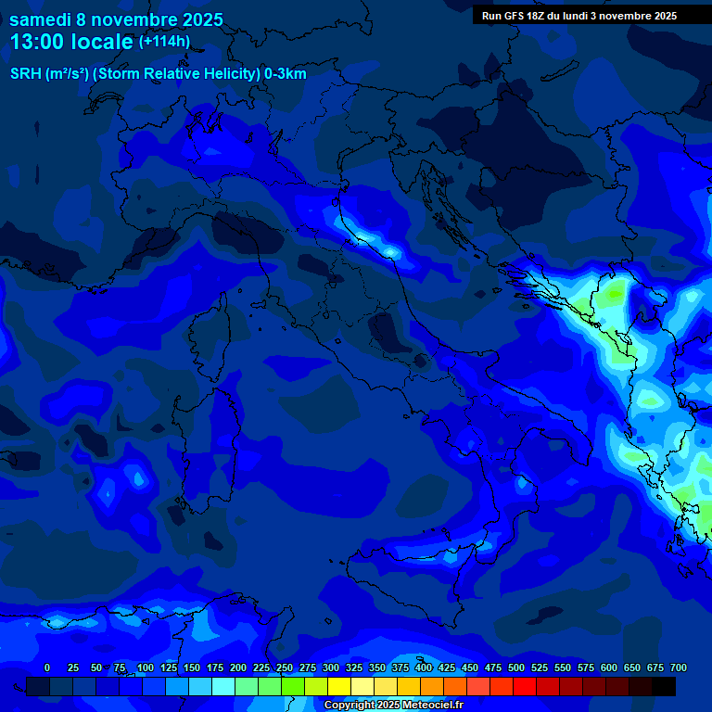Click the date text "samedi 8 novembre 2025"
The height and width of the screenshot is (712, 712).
(x=116, y=19)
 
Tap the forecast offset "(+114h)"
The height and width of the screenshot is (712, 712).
(x=164, y=42)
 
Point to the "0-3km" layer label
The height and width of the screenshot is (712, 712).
(x=286, y=74)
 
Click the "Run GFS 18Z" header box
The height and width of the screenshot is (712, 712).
(x=578, y=16)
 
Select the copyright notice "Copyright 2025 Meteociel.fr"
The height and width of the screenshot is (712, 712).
(x=393, y=706)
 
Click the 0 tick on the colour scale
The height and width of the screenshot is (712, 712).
(x=47, y=667)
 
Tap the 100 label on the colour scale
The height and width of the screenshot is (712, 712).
(x=145, y=667)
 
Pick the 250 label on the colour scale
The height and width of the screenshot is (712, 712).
(x=284, y=667)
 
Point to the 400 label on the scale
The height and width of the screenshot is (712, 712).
(x=424, y=667)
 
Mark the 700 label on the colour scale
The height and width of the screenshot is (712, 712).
(x=679, y=667)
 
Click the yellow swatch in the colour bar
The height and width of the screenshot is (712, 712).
(x=339, y=687)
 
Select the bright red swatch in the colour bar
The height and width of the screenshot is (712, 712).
(x=525, y=687)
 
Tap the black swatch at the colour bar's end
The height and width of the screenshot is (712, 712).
(x=664, y=687)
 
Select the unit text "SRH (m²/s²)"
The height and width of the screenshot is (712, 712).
(x=48, y=74)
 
